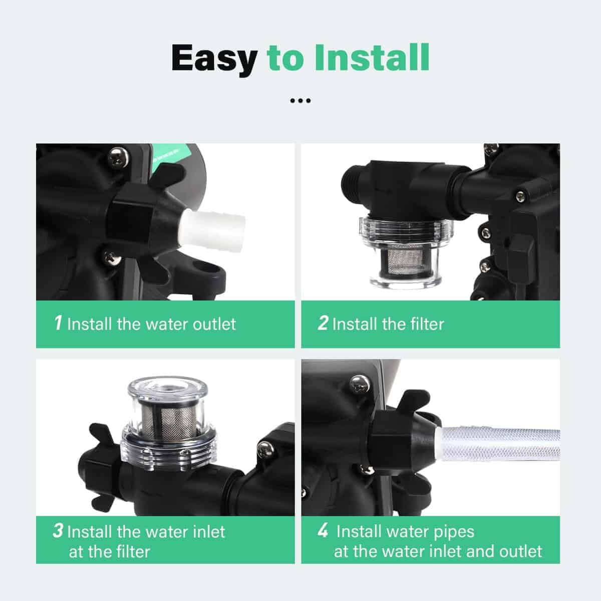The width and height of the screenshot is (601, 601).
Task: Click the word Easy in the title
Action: pos(214,59)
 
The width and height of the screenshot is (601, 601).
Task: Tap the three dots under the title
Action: pos(300,101)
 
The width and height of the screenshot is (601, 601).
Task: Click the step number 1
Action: pos(58,323)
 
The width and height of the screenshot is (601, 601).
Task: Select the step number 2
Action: pos(323,323)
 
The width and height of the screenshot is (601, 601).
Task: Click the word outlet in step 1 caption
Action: pos(214,324)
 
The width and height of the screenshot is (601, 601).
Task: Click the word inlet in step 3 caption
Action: pos(209,531)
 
